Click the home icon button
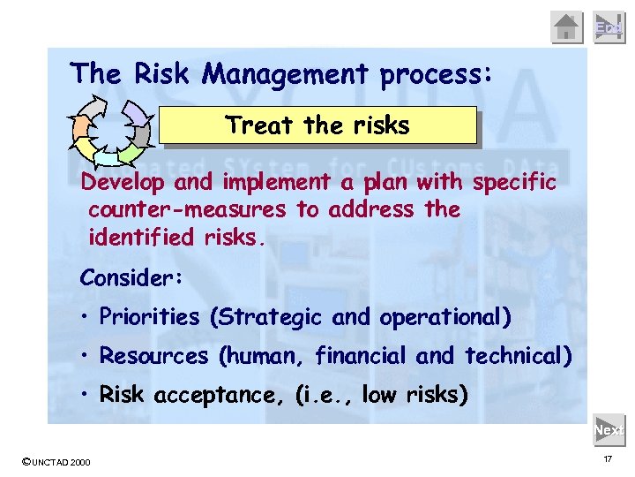coord(567,27)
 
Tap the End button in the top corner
coord(609,27)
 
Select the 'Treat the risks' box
coord(317,125)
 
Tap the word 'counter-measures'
coord(187,209)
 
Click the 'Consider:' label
coord(131,278)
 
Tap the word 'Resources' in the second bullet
coord(154,356)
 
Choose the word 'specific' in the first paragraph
coord(515,183)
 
